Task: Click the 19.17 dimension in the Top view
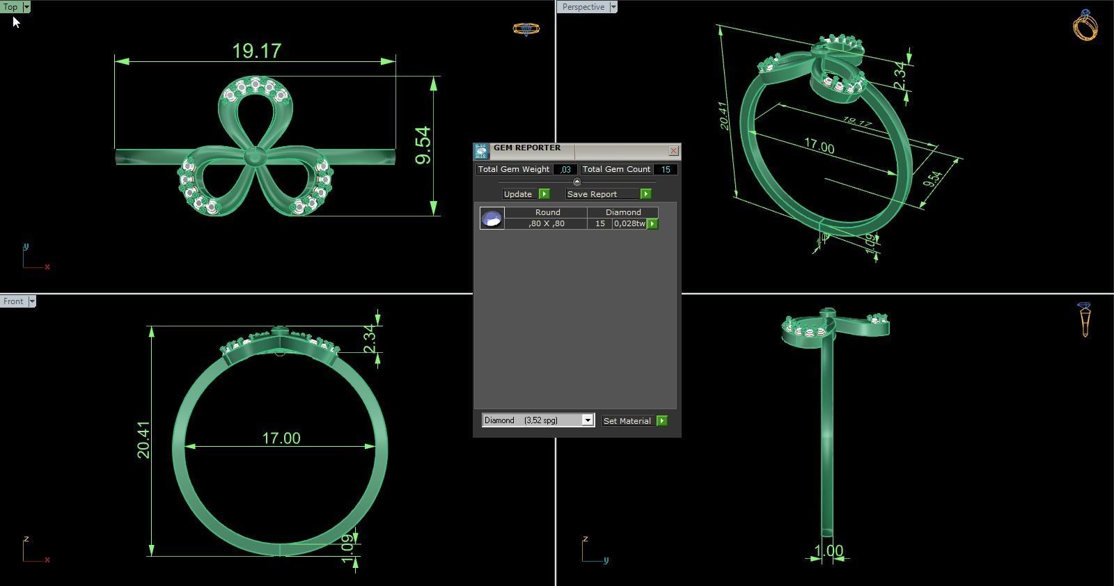tap(256, 51)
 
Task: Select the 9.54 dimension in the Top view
tap(423, 145)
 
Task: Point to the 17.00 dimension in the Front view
tap(281, 438)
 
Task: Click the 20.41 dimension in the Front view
tap(143, 440)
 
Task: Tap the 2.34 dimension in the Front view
tap(370, 338)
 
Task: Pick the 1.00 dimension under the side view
tap(829, 551)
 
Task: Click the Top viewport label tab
tap(11, 7)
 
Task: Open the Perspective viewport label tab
tap(583, 7)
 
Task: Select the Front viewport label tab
tap(13, 301)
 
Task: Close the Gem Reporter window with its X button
tap(673, 151)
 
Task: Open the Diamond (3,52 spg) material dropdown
tap(588, 420)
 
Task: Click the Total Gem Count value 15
tap(666, 169)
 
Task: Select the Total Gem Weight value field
tap(565, 169)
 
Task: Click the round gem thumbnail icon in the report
tap(492, 219)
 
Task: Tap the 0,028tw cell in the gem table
tap(629, 224)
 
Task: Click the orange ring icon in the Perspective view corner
tap(1085, 26)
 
